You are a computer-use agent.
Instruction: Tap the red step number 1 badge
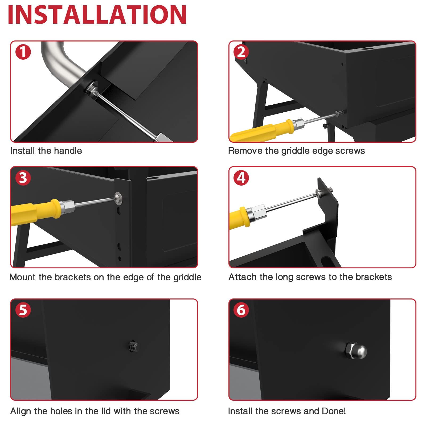point(23,52)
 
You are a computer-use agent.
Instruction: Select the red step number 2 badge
point(241,52)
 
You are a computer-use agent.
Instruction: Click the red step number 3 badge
point(23,178)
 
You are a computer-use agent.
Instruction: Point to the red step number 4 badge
point(241,178)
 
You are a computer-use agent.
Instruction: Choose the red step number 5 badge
point(23,310)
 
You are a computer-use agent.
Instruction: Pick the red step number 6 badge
point(241,310)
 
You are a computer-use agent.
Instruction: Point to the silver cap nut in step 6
point(356,351)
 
